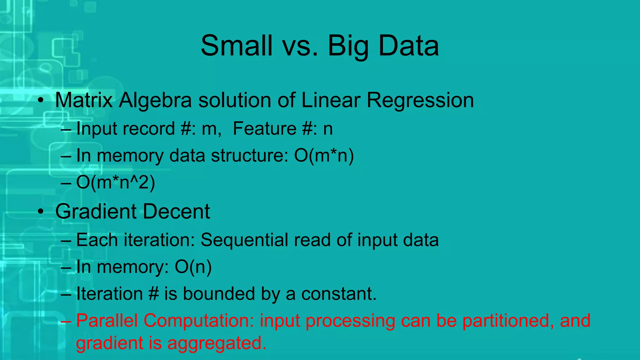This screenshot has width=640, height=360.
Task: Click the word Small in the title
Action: point(236,46)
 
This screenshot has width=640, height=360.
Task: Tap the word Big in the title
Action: point(348,46)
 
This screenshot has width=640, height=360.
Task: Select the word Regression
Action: point(420,101)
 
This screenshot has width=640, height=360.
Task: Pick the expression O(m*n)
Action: point(324,155)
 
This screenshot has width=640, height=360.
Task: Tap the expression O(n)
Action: point(193,267)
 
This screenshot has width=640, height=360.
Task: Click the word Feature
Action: point(264,128)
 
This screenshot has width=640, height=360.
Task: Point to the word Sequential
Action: point(244,240)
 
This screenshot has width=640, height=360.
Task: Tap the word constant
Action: point(339,294)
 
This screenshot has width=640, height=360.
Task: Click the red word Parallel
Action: point(107,321)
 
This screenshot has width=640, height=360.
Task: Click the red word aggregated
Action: point(217,343)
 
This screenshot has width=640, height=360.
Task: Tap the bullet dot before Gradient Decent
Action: point(40,212)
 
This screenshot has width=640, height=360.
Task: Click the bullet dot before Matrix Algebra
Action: point(40,101)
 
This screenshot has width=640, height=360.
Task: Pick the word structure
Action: point(249,155)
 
